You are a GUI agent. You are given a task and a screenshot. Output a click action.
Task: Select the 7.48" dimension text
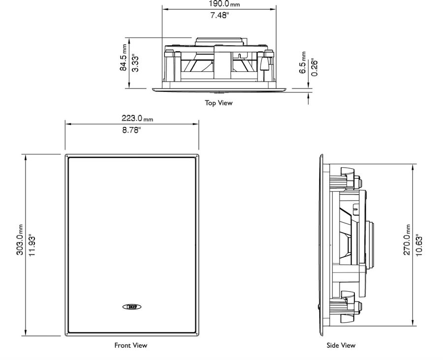click(x=219, y=16)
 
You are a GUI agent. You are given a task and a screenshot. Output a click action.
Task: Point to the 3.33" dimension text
click(x=136, y=63)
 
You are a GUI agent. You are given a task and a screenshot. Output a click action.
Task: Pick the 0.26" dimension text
click(x=314, y=67)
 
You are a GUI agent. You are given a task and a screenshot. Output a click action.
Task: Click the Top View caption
click(x=219, y=103)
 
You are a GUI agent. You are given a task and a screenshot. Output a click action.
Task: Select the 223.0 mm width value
click(x=137, y=118)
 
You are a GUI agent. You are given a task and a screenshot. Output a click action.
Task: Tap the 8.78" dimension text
click(x=131, y=130)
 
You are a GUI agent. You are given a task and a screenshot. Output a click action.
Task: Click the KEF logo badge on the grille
click(x=131, y=307)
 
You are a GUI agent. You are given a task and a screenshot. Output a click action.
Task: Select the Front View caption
click(x=131, y=345)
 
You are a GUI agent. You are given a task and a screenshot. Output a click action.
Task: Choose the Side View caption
click(x=341, y=345)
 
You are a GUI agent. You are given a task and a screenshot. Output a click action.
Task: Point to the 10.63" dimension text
click(x=419, y=244)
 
